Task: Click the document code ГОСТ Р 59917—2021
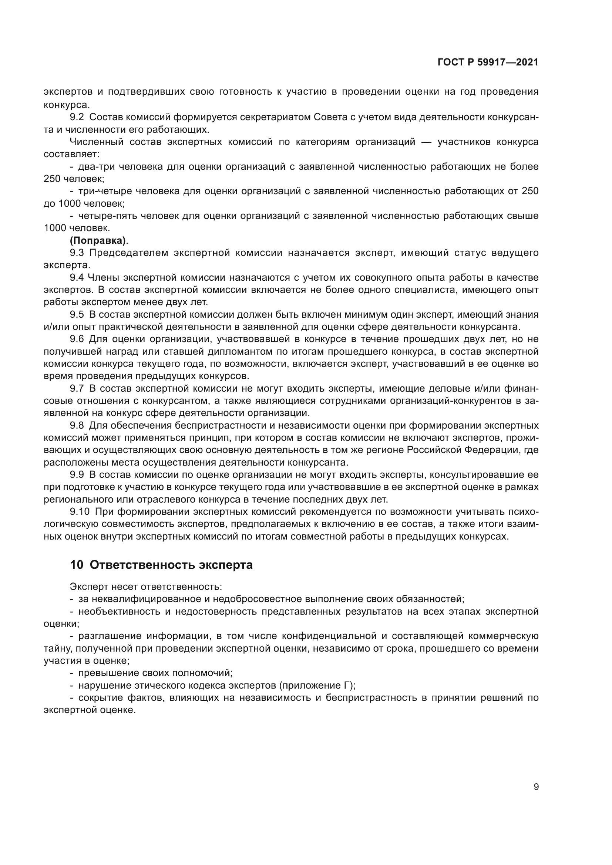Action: coord(488,62)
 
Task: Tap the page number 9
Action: coord(536,787)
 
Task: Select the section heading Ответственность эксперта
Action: coord(171,565)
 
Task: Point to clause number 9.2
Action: coord(77,117)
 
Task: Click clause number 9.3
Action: coord(77,253)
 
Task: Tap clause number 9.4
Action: coord(77,278)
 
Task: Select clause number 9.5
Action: coord(77,315)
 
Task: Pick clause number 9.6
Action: coord(77,339)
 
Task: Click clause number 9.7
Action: coord(77,388)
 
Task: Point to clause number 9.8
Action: coord(77,425)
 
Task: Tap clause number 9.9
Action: coord(77,475)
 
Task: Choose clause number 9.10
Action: coord(80,511)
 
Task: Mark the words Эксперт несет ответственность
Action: coord(146,587)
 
